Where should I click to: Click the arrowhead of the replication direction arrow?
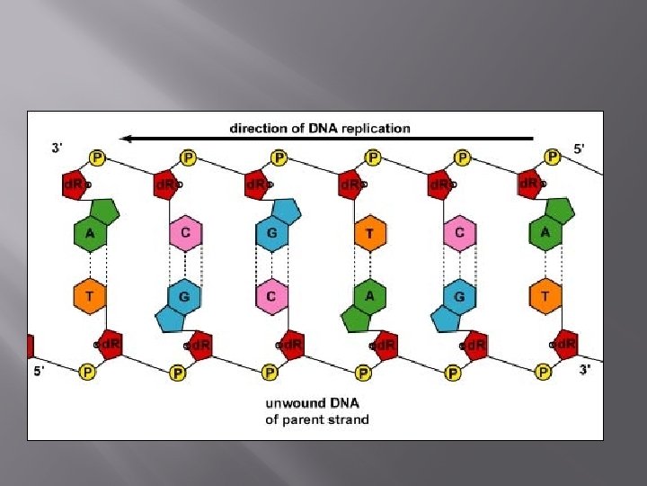click(128, 139)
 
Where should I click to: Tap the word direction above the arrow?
click(258, 128)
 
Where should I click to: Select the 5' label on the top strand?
click(581, 148)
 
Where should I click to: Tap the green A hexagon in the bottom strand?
click(368, 294)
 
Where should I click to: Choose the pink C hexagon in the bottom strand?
click(272, 294)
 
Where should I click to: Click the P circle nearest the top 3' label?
click(96, 157)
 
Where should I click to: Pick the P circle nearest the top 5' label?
click(553, 157)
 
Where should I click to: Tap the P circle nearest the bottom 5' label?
click(87, 371)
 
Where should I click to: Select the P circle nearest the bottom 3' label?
click(544, 371)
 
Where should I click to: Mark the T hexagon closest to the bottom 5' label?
click(89, 294)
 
